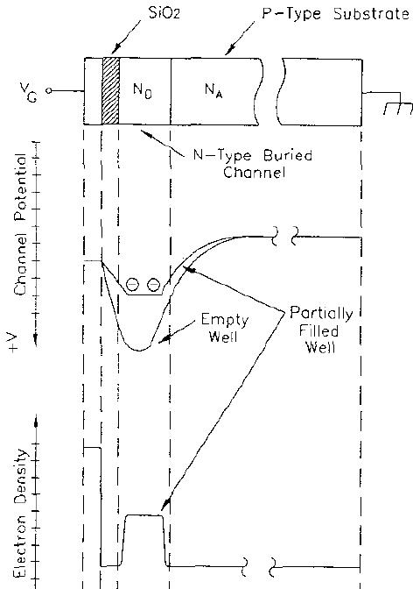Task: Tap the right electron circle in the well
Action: [154, 285]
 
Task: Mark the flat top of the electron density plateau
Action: [143, 516]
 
